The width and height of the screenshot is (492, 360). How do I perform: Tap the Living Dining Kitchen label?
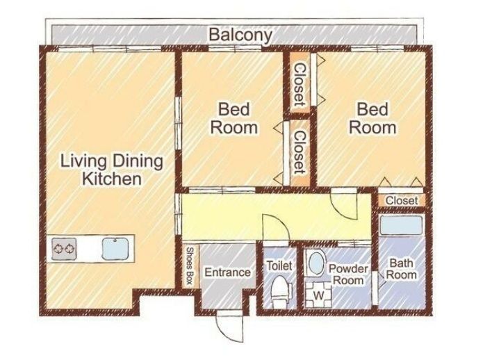(112, 170)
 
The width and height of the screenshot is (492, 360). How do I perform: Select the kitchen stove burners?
(64, 249)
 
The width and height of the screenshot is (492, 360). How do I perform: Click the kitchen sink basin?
(115, 249)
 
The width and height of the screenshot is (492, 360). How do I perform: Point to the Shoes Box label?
(189, 265)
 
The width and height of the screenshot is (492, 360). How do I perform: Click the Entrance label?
(227, 272)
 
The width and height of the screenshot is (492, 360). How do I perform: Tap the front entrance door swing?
(230, 327)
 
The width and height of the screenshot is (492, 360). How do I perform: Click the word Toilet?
(279, 266)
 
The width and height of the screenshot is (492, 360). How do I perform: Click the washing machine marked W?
(318, 295)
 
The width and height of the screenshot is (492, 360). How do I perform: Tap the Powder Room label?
(348, 275)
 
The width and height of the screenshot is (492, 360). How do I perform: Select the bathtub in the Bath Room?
(401, 225)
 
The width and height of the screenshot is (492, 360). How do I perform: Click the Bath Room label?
(401, 269)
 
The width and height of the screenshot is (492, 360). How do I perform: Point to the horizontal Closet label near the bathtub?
(402, 201)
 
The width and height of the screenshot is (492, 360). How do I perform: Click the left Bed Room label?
(234, 118)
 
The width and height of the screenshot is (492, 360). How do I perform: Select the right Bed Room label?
(372, 118)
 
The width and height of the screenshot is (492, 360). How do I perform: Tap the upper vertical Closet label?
(299, 85)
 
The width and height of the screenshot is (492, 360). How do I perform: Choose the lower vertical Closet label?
(299, 152)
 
